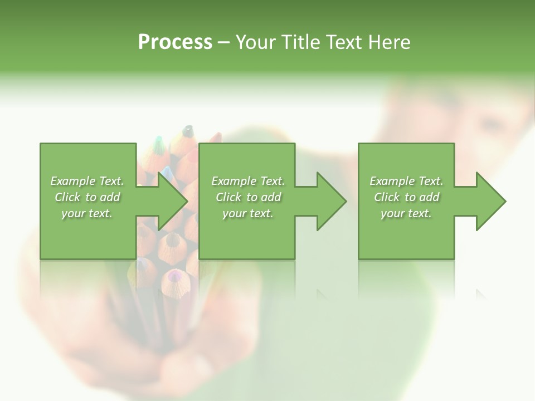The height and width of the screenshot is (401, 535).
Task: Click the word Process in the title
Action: [175, 42]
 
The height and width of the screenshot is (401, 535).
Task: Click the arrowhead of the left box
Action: [172, 201]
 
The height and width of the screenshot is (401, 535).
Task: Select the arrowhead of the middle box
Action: [331, 201]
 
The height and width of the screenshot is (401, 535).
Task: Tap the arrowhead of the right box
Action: [490, 201]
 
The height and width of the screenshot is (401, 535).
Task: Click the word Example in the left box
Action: [73, 181]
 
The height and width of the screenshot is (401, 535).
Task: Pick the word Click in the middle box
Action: [228, 197]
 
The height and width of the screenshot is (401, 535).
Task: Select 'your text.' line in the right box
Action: [406, 213]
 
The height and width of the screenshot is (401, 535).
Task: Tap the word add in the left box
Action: [110, 197]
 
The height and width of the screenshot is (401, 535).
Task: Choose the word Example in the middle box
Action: [234, 181]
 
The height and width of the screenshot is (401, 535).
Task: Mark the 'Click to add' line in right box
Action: [406, 197]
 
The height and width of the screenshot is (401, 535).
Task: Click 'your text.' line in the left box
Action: [87, 213]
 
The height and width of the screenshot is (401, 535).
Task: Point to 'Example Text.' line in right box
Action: [406, 181]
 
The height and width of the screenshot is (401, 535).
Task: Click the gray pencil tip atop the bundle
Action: [188, 131]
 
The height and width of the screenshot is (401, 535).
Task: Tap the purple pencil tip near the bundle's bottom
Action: [174, 275]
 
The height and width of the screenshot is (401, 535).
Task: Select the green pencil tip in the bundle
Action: [158, 143]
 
